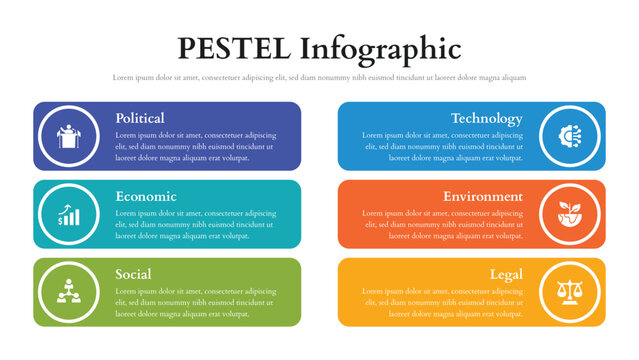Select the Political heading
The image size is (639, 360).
140,118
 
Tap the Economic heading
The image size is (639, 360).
145,196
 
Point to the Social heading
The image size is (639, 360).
133,274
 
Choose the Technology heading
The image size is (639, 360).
486,118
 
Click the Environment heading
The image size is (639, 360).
483,196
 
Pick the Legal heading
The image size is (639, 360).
506,274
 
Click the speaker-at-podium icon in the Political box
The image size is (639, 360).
69,136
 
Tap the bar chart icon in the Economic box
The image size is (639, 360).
69,214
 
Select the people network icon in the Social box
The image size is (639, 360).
69,292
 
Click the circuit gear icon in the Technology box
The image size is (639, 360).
569,136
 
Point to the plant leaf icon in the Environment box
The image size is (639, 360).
569,214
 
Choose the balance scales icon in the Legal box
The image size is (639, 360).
569,292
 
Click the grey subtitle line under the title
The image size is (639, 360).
319,77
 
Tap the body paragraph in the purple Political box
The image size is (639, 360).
195,146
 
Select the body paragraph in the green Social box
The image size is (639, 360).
195,302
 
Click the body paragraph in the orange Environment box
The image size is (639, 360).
443,224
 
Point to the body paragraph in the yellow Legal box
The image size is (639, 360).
443,302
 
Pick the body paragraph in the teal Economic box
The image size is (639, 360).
195,224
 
